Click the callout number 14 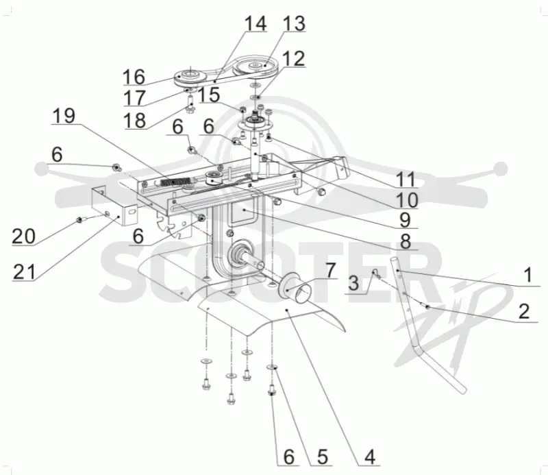(256, 23)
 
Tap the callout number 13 (295, 23)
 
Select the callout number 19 (64, 115)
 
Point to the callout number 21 (25, 272)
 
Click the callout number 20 (24, 236)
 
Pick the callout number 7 (330, 269)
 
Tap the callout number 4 (370, 456)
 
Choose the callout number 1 (528, 275)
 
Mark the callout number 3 (353, 283)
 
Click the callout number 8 (406, 241)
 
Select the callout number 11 (407, 180)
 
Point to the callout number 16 (134, 77)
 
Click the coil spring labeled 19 (177, 182)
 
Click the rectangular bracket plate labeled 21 (114, 205)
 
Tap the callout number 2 (524, 310)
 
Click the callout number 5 (322, 456)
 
